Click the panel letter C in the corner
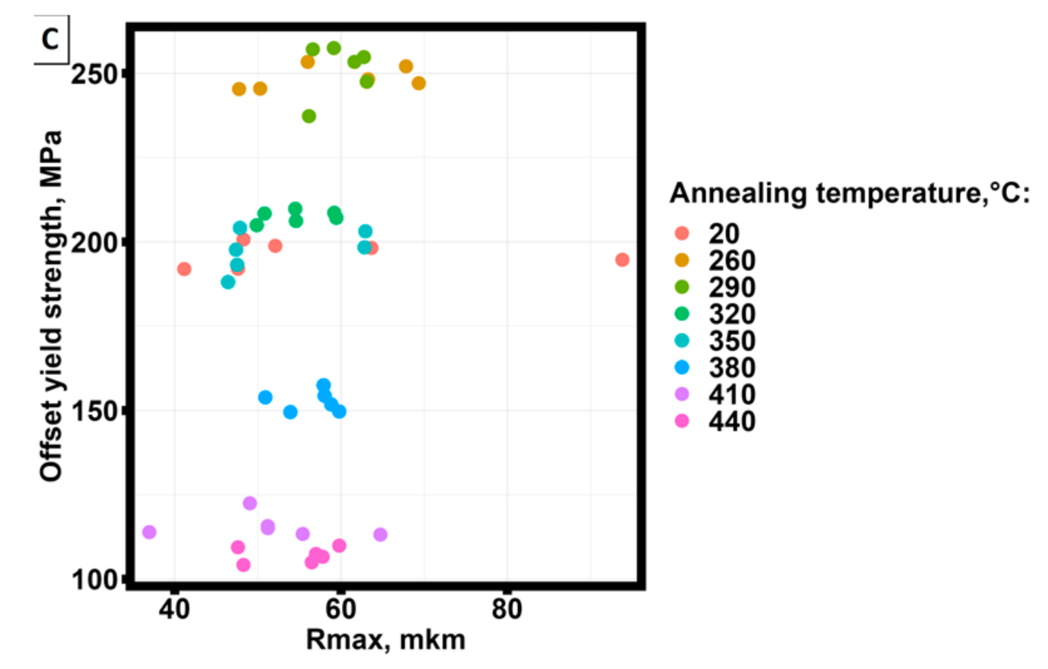point(50,39)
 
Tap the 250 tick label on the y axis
point(94,74)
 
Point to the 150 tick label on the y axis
point(94,412)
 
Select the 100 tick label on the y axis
point(94,579)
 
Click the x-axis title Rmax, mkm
point(385,640)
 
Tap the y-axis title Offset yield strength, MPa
point(51,306)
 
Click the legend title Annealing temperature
point(849,193)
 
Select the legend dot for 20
point(681,234)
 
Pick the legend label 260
point(732,261)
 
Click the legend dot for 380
point(681,368)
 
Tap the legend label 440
point(732,422)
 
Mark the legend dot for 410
point(681,395)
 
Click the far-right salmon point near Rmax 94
point(622,260)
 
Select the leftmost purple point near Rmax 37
point(149,532)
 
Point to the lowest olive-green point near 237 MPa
point(309,117)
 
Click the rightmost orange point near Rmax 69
point(419,83)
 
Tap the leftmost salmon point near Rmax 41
point(184,269)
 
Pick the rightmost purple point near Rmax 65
point(380,535)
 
